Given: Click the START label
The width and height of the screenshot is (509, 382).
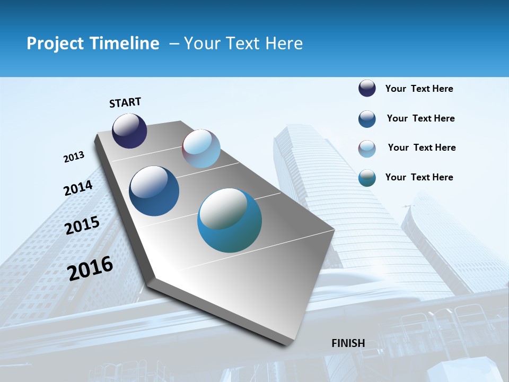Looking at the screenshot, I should [125, 102].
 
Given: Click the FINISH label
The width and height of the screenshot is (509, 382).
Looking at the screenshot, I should [348, 343].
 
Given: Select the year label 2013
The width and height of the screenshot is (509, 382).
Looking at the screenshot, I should [74, 157].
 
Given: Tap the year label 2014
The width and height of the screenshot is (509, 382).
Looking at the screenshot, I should [78, 188].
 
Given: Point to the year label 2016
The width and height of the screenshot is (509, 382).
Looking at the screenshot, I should [90, 268].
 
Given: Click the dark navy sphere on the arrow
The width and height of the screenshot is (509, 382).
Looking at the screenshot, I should [129, 131].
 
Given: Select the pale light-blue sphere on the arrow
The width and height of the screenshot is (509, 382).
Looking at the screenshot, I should [201, 149].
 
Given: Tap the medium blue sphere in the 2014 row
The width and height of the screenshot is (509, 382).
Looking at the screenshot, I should [154, 191].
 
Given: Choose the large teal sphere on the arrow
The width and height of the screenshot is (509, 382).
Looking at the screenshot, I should [230, 220].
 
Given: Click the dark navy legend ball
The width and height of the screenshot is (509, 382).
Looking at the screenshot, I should [367, 89].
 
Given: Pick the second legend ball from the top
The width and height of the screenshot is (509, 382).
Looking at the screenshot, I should [367, 119].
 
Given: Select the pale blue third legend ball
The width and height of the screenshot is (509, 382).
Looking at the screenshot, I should [367, 149].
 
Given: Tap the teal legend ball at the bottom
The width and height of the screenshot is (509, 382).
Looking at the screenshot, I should [367, 178].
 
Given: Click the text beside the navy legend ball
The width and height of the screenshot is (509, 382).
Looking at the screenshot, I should [419, 89].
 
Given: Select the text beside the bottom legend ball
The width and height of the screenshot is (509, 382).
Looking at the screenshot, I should [419, 177].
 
